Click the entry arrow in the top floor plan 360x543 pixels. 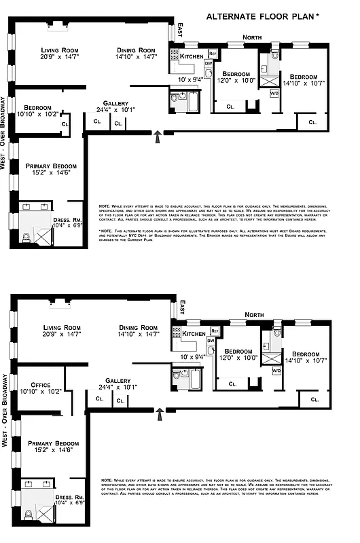point(158,137)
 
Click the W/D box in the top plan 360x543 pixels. point(274,93)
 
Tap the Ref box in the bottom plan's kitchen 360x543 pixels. point(215,331)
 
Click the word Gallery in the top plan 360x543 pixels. point(115,102)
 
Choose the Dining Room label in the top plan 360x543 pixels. point(137,51)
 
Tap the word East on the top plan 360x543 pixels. point(181,30)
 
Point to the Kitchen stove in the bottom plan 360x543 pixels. point(175,333)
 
